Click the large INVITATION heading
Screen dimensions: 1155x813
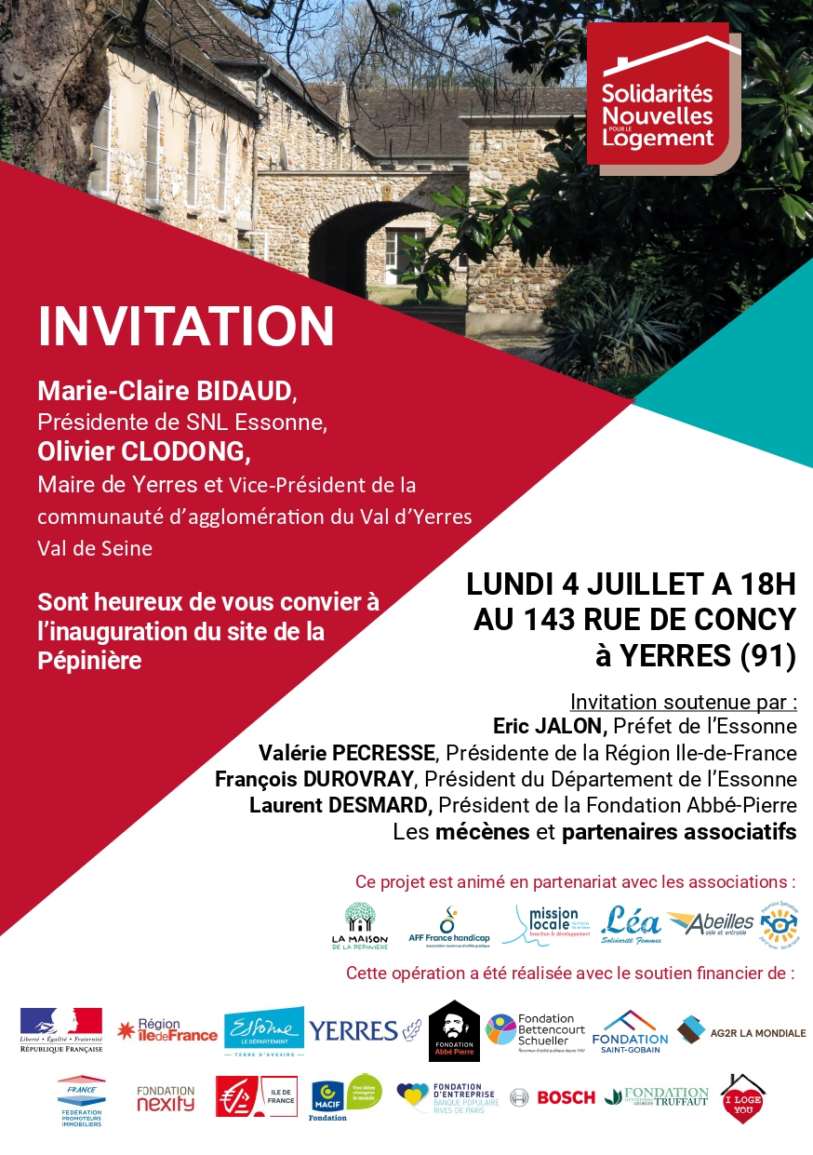pos(186,326)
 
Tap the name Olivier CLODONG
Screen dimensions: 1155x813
pos(144,451)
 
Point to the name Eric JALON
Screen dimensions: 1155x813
pos(550,726)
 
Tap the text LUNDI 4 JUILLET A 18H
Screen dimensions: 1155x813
pos(632,584)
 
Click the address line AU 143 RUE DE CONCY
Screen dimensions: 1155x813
pos(634,620)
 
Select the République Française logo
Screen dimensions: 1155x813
pos(61,1030)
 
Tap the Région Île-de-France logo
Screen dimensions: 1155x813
pos(167,1030)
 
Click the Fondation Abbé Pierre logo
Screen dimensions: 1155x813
pos(454,1030)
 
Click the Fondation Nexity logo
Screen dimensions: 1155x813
pos(166,1098)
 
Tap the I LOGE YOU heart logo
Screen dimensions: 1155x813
pos(742,1098)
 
